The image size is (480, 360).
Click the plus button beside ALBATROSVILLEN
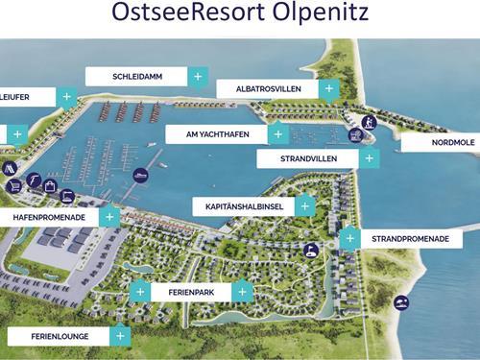(x=329, y=89)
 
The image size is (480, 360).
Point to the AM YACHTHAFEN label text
(x=215, y=134)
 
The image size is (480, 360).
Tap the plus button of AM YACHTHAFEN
(x=278, y=134)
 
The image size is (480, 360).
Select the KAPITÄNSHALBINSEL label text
(x=243, y=206)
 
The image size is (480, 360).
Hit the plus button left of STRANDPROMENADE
(x=350, y=239)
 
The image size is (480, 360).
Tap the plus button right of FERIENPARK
(x=243, y=291)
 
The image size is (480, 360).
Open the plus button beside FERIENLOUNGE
(x=120, y=336)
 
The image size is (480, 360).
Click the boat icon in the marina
(x=141, y=176)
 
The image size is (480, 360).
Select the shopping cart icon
(x=12, y=185)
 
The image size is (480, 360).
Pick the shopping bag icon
(x=50, y=185)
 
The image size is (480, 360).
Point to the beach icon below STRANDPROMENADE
(x=401, y=302)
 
